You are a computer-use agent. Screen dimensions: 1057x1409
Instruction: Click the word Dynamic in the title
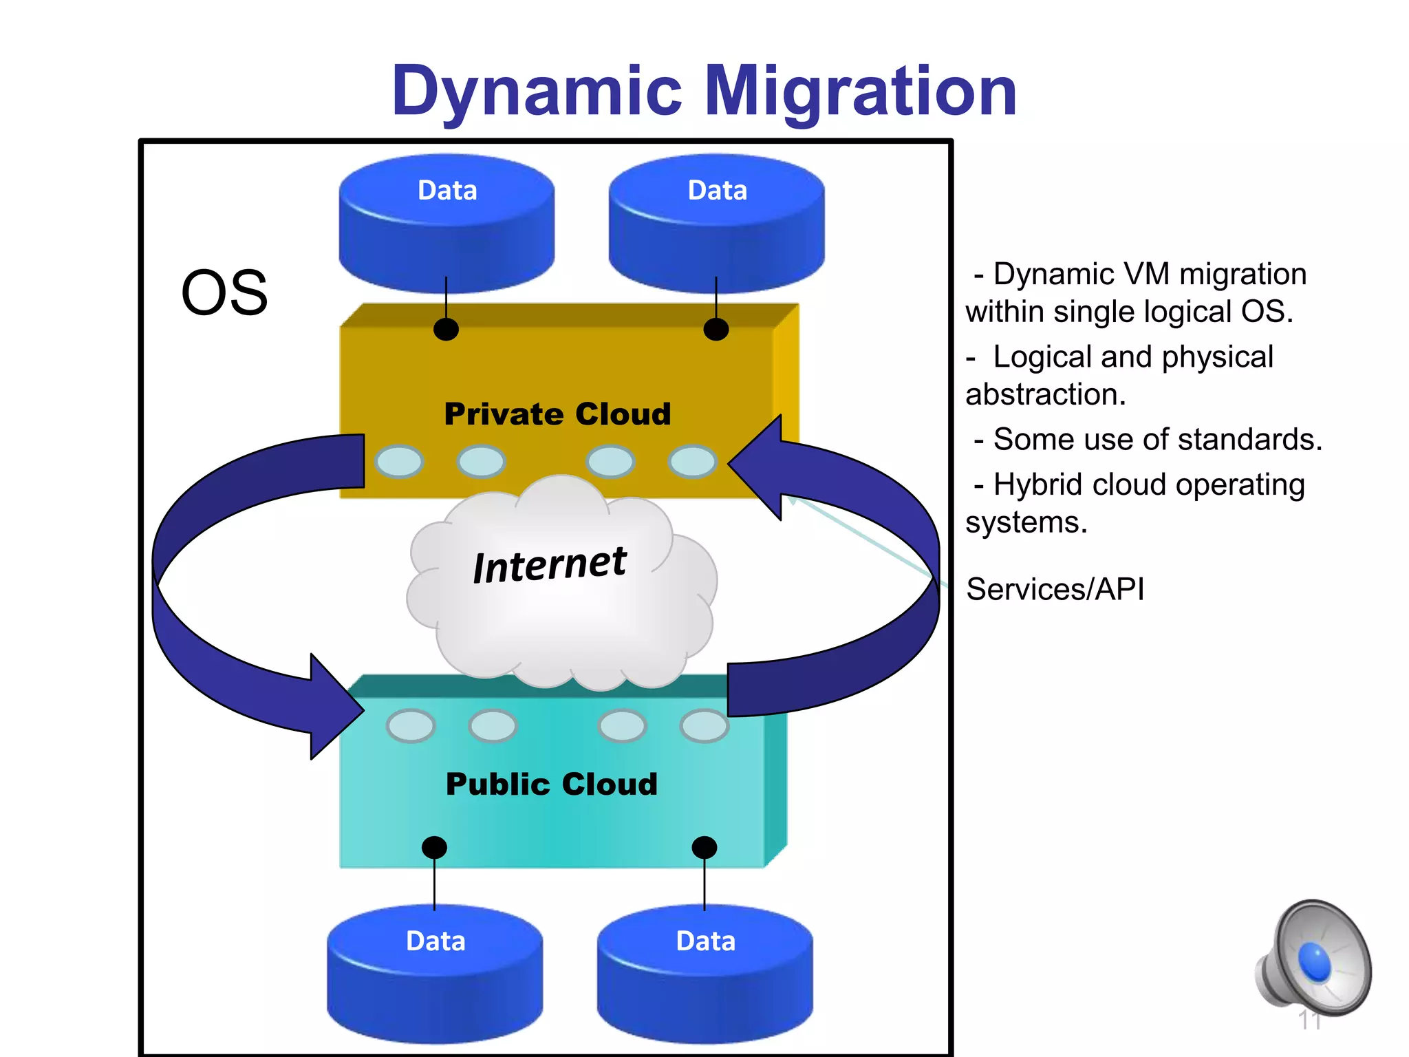[537, 92]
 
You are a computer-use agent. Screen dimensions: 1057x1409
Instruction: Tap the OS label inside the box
[224, 293]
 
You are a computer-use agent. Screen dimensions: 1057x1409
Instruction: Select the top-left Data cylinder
[447, 224]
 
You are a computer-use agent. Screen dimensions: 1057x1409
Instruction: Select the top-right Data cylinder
[716, 224]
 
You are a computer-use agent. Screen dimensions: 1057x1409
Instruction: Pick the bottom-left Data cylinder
[435, 974]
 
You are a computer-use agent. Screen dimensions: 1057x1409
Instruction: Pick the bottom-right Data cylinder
[704, 974]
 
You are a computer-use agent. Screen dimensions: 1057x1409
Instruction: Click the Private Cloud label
[557, 414]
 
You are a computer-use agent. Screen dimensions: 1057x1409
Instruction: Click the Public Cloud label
[552, 784]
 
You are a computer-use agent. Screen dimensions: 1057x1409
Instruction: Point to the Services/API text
[1055, 590]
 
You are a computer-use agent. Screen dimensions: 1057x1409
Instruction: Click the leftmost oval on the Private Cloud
[399, 461]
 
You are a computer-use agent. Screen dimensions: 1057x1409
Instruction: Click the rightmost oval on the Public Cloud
[704, 726]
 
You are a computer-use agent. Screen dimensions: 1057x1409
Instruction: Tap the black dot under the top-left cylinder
[446, 330]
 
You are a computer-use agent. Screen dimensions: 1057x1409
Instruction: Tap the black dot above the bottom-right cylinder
[704, 847]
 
